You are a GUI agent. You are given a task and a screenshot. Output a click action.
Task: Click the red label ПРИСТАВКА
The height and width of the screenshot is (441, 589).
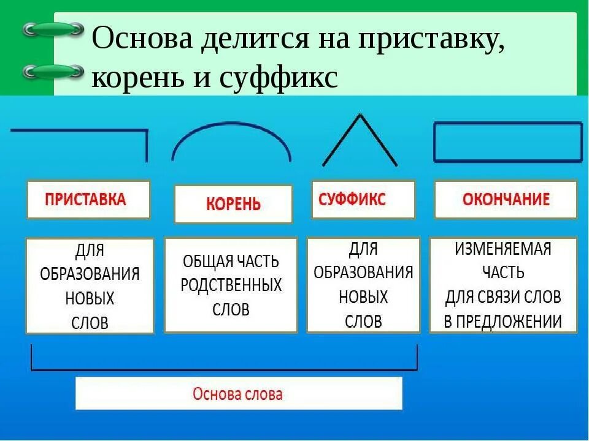pyautogui.click(x=85, y=199)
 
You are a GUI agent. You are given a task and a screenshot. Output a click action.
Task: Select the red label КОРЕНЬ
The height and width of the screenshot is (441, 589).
pyautogui.click(x=233, y=204)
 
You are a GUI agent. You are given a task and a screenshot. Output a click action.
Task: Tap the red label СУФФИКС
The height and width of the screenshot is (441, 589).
pyautogui.click(x=352, y=199)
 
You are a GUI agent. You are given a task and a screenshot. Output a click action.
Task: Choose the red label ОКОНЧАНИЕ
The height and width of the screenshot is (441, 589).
pyautogui.click(x=506, y=199)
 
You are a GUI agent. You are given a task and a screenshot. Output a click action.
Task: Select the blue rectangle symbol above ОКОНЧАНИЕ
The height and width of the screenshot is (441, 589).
pyautogui.click(x=507, y=141)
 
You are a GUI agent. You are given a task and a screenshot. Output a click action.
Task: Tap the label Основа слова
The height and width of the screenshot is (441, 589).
pyautogui.click(x=237, y=394)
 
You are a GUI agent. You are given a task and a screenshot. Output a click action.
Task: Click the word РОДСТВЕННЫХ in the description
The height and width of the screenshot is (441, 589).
pyautogui.click(x=231, y=285)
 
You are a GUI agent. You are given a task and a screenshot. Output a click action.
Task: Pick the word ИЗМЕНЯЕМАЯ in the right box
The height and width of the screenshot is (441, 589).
pyautogui.click(x=502, y=249)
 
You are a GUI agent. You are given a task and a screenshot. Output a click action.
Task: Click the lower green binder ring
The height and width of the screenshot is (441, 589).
pyautogui.click(x=53, y=72)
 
